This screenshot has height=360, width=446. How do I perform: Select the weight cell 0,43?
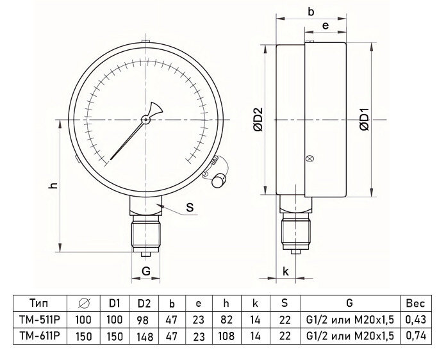419,319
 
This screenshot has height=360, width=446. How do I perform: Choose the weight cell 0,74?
419,335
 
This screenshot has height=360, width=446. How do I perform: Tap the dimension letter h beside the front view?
54,186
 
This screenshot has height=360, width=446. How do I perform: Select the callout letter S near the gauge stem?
190,207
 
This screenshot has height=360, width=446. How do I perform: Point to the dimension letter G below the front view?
146,271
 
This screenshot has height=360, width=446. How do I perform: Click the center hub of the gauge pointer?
146,119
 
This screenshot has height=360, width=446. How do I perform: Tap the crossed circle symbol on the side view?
311,159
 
